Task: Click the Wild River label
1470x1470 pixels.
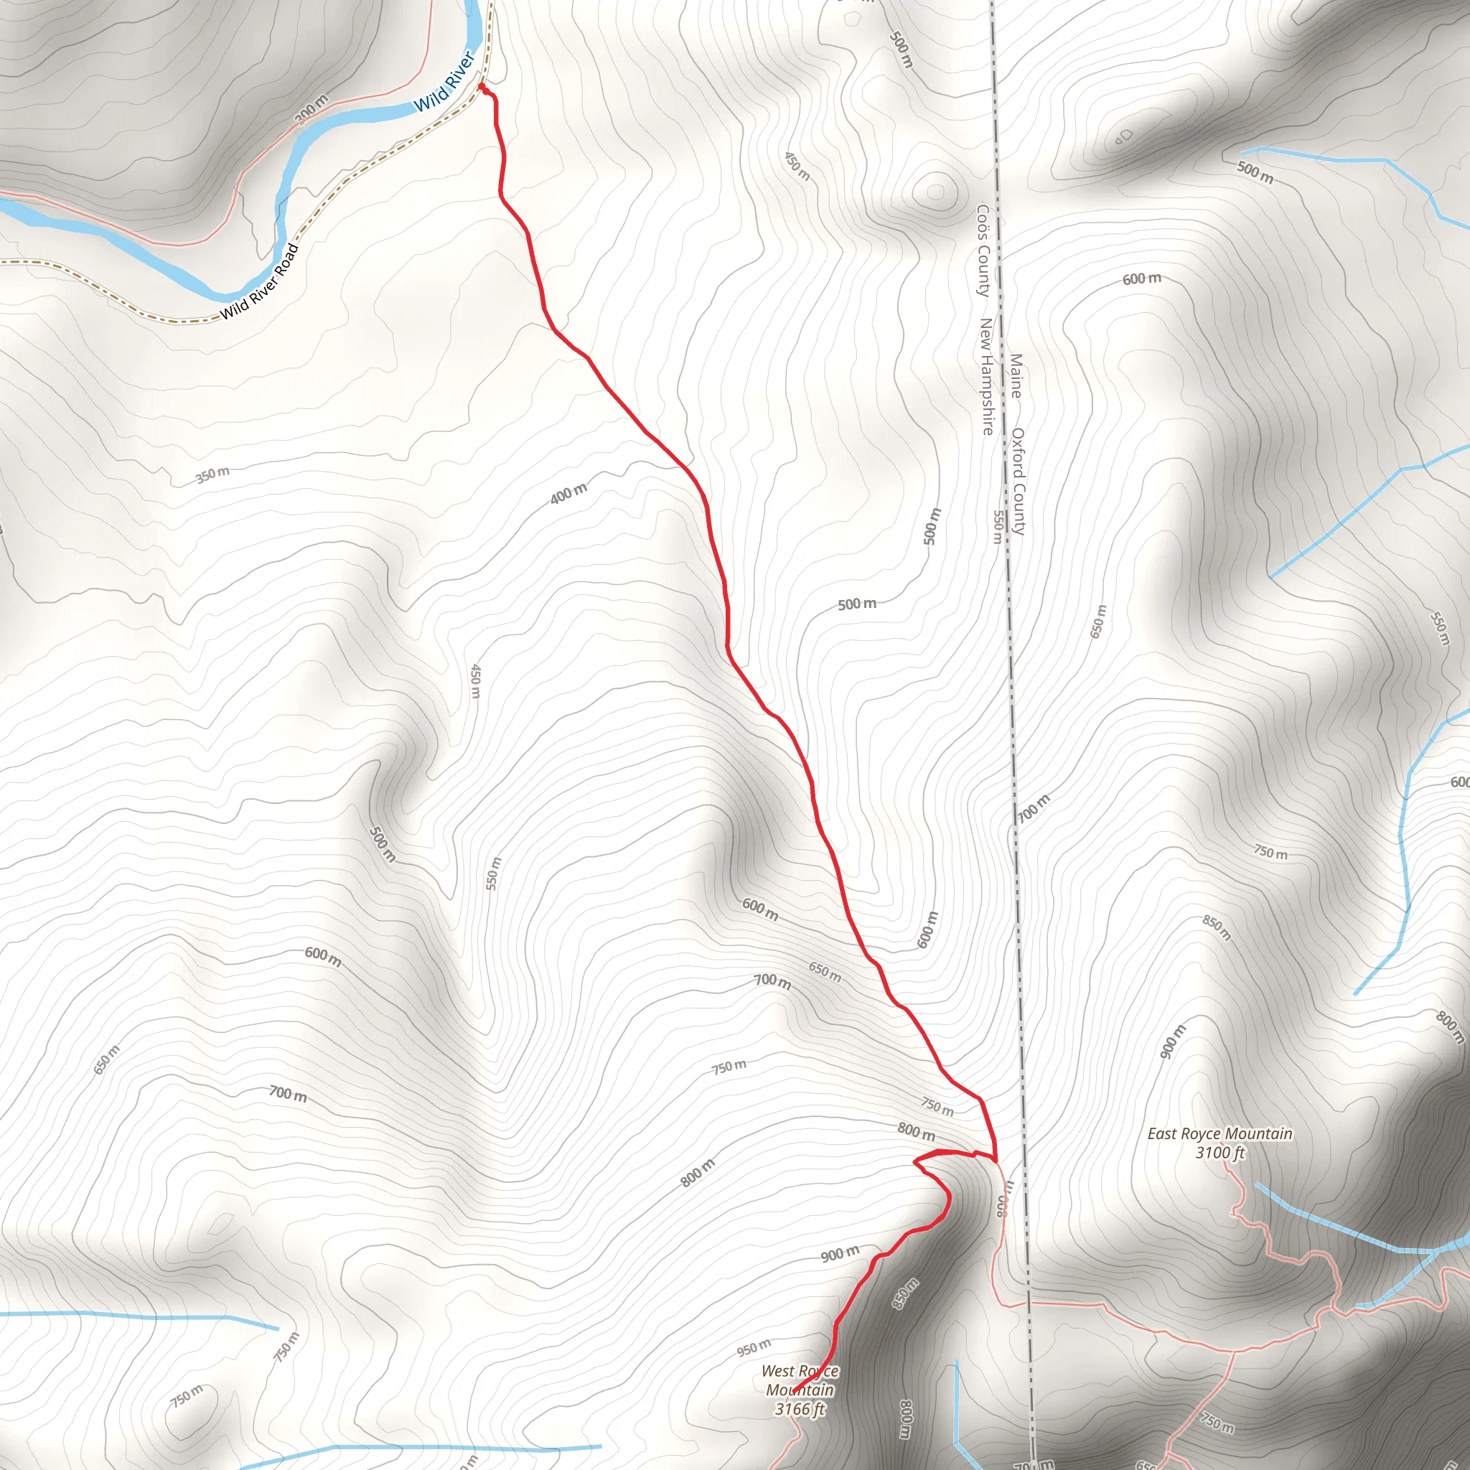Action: point(444,81)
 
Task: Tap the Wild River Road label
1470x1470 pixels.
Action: point(259,281)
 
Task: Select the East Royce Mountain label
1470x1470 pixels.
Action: point(1219,1133)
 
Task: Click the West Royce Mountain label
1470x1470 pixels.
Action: point(800,1380)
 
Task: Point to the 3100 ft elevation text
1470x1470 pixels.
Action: point(1219,1153)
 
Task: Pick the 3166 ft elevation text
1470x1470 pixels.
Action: point(800,1409)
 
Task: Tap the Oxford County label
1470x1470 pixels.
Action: point(1018,481)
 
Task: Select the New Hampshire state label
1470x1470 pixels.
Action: point(986,377)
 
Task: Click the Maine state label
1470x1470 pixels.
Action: point(1016,376)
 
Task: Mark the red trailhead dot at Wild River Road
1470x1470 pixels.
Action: point(482,88)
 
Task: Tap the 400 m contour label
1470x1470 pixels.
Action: point(569,494)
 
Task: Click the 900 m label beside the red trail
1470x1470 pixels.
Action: point(840,1253)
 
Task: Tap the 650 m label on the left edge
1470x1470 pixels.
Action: point(106,1060)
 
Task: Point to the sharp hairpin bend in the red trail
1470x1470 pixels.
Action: point(916,1162)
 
